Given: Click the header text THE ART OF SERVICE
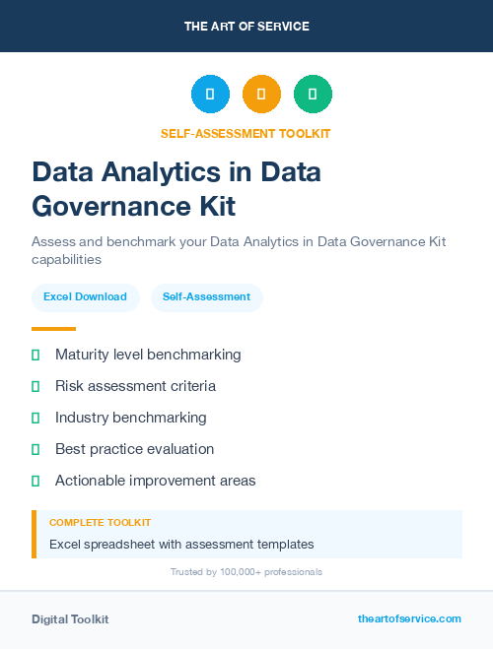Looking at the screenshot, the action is pyautogui.click(x=246, y=27).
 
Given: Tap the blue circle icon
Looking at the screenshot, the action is pyautogui.click(x=210, y=95).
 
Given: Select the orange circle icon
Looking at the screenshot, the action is pyautogui.click(x=261, y=95).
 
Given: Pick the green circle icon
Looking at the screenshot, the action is pyautogui.click(x=313, y=95).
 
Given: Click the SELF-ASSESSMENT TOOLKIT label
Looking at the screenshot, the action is pyautogui.click(x=246, y=133).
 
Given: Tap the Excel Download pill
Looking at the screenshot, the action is pyautogui.click(x=85, y=296).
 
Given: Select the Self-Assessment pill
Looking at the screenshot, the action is pyautogui.click(x=206, y=296).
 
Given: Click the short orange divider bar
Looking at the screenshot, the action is pyautogui.click(x=53, y=329).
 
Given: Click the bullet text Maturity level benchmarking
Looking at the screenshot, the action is pyautogui.click(x=148, y=355).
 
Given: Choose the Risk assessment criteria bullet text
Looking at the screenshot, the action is pyautogui.click(x=135, y=386).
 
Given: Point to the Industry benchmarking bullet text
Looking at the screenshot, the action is pyautogui.click(x=131, y=418).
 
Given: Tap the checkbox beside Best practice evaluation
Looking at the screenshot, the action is pyautogui.click(x=35, y=449).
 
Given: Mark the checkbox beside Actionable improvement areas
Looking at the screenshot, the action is pyautogui.click(x=35, y=481).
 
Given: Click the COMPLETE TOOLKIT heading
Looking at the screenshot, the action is pyautogui.click(x=100, y=523).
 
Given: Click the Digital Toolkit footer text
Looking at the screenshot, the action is pyautogui.click(x=70, y=619).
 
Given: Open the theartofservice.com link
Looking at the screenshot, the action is pyautogui.click(x=409, y=618).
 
